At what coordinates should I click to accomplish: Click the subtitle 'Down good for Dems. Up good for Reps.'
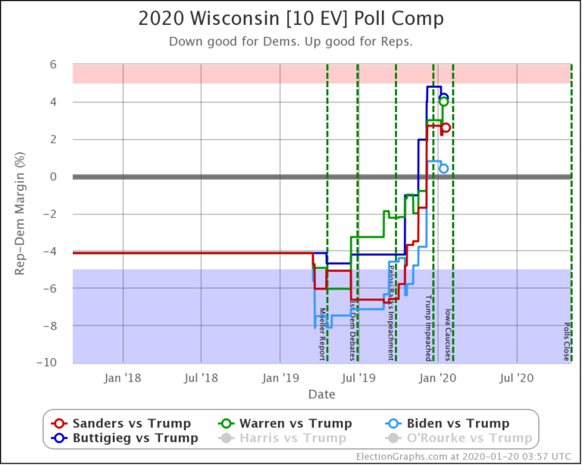click(x=291, y=41)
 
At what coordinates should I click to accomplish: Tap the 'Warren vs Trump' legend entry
click(x=291, y=423)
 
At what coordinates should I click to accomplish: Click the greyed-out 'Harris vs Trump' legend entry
click(x=291, y=438)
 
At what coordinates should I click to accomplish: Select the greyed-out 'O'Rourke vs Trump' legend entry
click(x=458, y=438)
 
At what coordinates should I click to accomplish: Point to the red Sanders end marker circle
click(x=446, y=127)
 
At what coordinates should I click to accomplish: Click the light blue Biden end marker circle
click(x=444, y=169)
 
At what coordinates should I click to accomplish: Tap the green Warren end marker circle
click(x=444, y=101)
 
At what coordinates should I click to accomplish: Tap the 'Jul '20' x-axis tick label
click(x=516, y=376)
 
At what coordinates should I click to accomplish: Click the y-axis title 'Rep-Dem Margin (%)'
click(x=21, y=213)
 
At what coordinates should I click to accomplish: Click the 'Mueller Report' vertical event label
click(x=323, y=333)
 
